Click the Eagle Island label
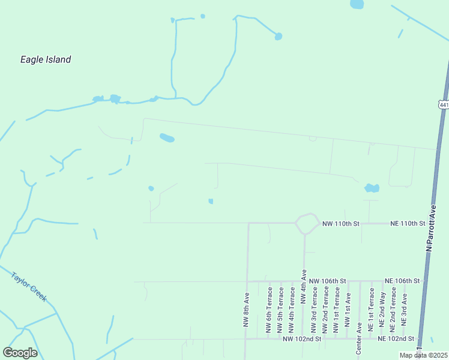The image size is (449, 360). pos(46,59)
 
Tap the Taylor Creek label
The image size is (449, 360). pos(29,286)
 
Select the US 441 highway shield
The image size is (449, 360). pos(444,105)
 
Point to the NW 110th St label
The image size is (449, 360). pos(340,223)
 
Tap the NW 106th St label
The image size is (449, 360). pos(328,281)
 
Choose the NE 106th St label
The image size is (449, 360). pos(403,281)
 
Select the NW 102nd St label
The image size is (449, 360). pos(303,339)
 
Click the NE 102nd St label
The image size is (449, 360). pos(396,339)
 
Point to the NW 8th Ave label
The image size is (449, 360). pos(246,309)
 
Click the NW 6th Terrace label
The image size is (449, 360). pos(269,310)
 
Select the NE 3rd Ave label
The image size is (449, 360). pos(405,309)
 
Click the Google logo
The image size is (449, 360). pos(20,353)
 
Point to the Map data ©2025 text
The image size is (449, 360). pos(423,355)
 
